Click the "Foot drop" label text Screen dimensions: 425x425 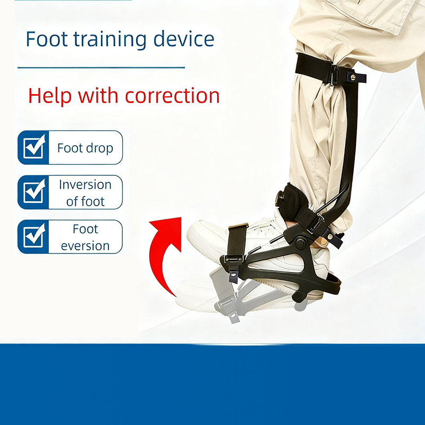(x=85, y=148)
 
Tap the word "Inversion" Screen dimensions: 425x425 (x=85, y=185)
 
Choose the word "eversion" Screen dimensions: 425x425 (x=85, y=245)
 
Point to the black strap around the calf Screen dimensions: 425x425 (x=313, y=65)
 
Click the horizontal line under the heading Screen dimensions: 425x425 (x=101, y=67)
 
